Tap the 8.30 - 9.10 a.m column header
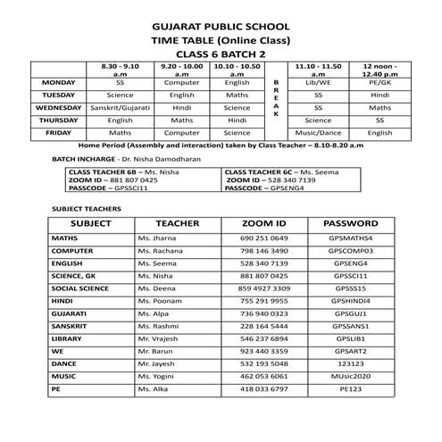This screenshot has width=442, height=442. [x=119, y=71]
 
